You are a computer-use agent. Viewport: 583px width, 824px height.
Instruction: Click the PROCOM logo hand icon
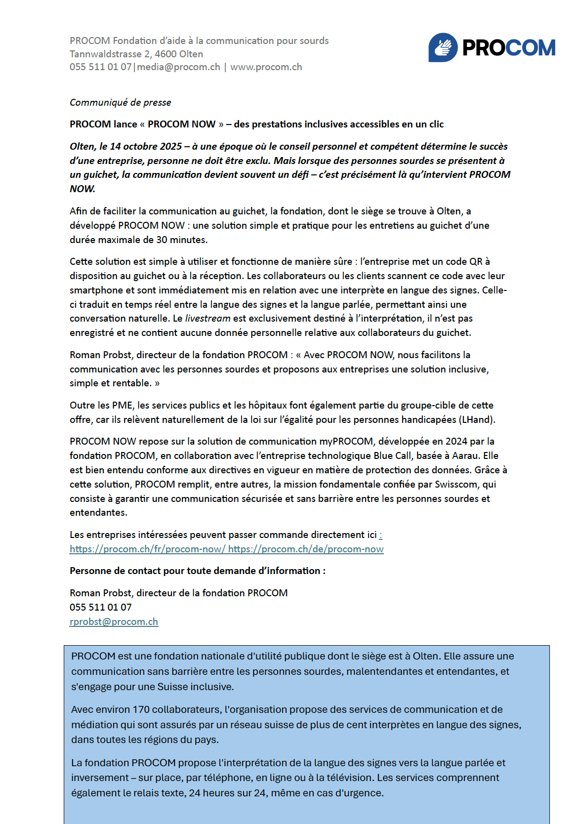pyautogui.click(x=443, y=47)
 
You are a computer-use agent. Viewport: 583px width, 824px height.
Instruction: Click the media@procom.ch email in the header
pyautogui.click(x=178, y=67)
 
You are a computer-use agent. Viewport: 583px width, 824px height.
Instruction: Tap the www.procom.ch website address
pyautogui.click(x=266, y=67)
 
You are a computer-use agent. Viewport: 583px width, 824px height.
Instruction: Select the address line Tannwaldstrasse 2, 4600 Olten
pyautogui.click(x=136, y=54)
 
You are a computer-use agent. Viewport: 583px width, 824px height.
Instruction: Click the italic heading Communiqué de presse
pyautogui.click(x=121, y=102)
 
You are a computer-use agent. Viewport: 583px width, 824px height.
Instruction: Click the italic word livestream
pyautogui.click(x=208, y=319)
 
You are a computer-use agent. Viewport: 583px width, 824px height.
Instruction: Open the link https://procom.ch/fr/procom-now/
pyautogui.click(x=147, y=549)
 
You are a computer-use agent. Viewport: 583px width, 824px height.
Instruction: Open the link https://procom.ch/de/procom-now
pyautogui.click(x=306, y=549)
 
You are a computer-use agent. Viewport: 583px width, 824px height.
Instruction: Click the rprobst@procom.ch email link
pyautogui.click(x=114, y=621)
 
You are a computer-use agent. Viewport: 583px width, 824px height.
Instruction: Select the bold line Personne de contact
pyautogui.click(x=198, y=571)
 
